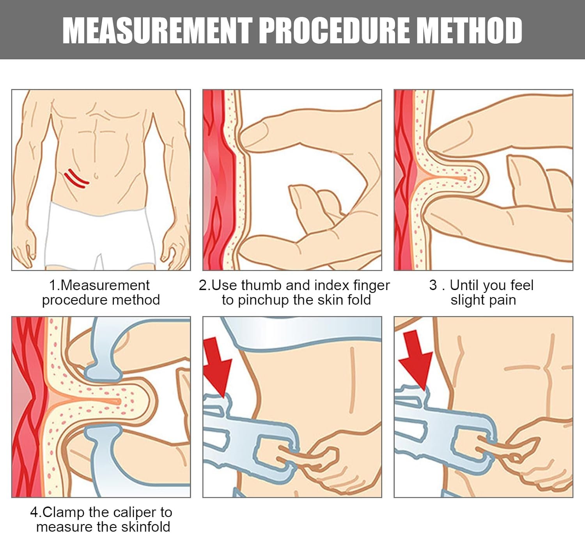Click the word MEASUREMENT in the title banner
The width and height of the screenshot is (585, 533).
coord(157,30)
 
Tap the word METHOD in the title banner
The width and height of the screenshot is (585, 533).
coord(469,30)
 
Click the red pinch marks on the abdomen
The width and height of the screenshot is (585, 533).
coord(76,178)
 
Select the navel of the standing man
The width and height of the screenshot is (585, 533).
coord(96,176)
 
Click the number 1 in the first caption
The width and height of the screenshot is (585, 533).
coord(53,285)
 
